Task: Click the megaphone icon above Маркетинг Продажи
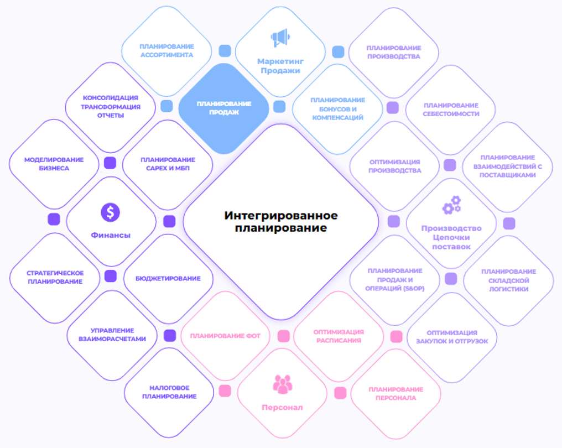click(x=279, y=38)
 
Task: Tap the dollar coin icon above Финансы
click(x=111, y=212)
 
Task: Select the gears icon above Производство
click(x=451, y=205)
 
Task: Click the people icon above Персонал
click(x=282, y=384)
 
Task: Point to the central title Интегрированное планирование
click(x=280, y=221)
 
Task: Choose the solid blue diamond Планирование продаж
click(x=224, y=108)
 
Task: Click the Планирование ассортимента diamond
click(x=166, y=51)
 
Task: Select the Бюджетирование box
click(x=168, y=278)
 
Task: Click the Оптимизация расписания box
click(x=339, y=336)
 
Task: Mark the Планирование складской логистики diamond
click(x=508, y=280)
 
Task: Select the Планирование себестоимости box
click(x=451, y=110)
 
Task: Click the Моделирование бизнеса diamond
click(x=54, y=164)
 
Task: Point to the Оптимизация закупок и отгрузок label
click(x=452, y=337)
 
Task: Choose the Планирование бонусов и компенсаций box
click(x=337, y=108)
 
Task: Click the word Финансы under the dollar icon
click(x=111, y=235)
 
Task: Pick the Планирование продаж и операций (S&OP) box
click(x=395, y=280)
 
